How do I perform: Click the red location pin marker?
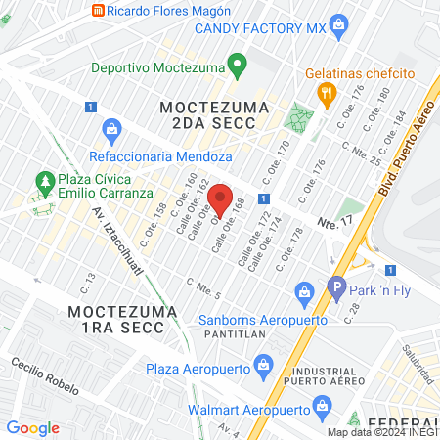[221, 198]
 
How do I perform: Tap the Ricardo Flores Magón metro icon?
[98, 11]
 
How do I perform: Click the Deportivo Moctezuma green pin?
[235, 66]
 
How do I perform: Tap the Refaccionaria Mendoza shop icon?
[111, 128]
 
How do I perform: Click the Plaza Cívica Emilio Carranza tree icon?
[43, 182]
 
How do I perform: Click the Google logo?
[32, 427]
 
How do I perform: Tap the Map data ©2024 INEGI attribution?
[381, 432]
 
